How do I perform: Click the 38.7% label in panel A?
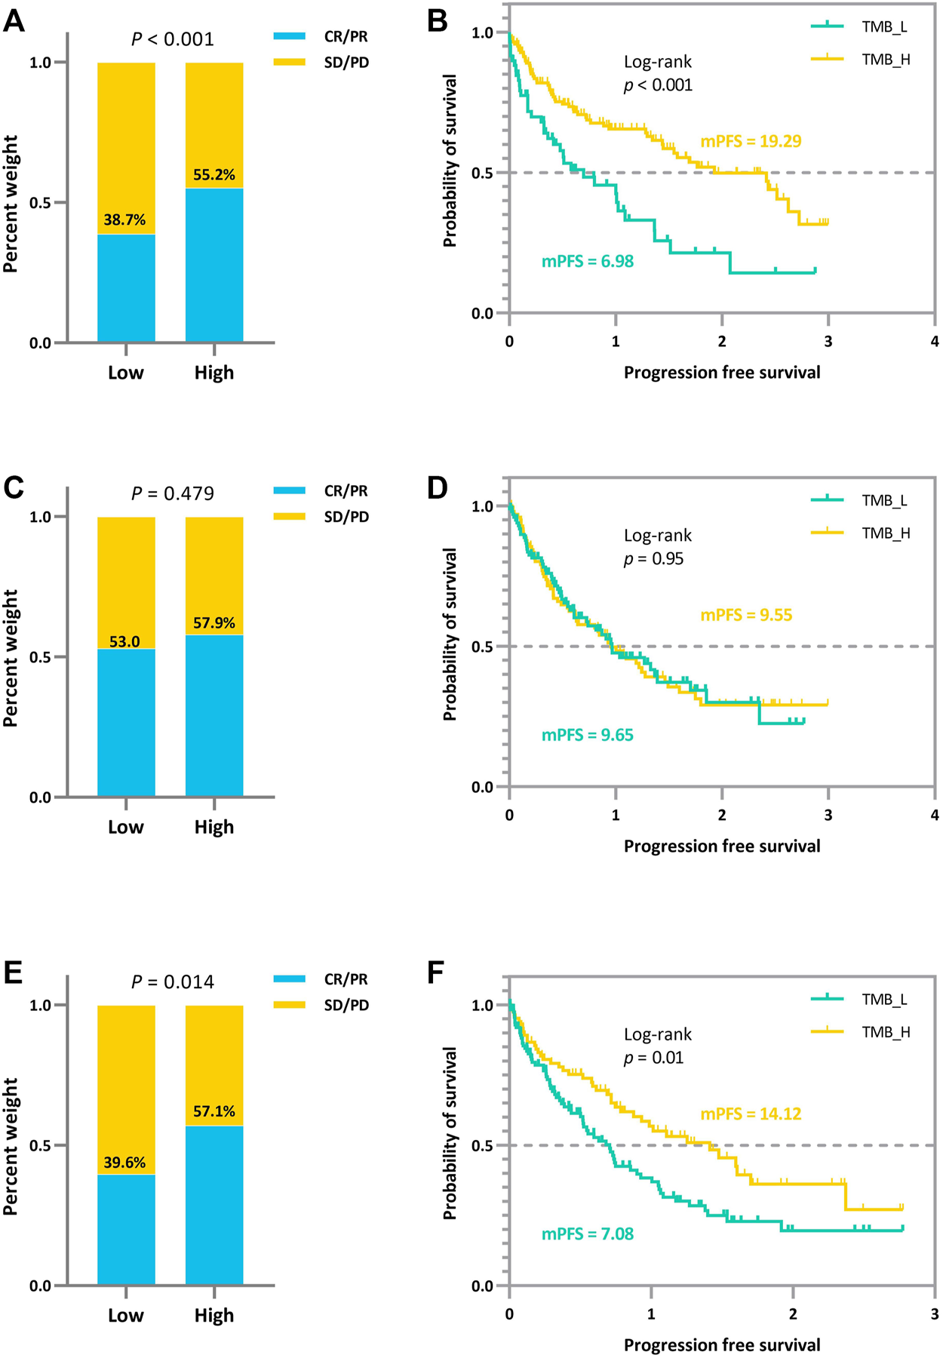(x=124, y=220)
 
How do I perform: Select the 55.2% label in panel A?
(x=214, y=175)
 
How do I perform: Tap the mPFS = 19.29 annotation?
(x=751, y=141)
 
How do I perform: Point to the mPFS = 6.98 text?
(x=588, y=262)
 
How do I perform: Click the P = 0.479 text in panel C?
(x=173, y=493)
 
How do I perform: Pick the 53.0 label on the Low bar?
(x=124, y=642)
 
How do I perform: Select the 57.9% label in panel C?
(x=214, y=623)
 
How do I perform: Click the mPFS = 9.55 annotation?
(x=746, y=615)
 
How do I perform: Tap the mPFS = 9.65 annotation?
(x=588, y=735)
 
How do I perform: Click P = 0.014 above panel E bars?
(x=173, y=982)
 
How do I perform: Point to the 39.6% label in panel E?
(x=124, y=1163)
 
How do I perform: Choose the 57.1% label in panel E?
(x=214, y=1111)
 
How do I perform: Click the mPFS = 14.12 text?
(x=751, y=1114)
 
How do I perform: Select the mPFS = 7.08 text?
(x=588, y=1234)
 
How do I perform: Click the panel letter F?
(x=435, y=972)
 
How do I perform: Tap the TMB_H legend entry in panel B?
(x=886, y=60)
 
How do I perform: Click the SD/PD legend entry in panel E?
(x=346, y=1005)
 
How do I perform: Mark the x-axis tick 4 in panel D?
(x=934, y=815)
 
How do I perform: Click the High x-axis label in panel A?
(x=214, y=373)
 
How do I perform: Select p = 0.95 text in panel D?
(x=653, y=559)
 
